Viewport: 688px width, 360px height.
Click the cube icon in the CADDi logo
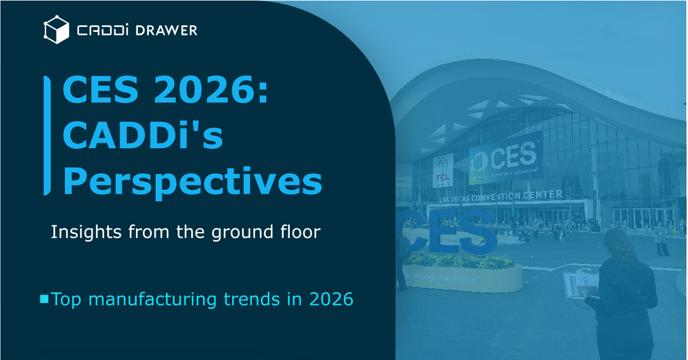point(56,30)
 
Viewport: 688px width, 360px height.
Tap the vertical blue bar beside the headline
point(47,135)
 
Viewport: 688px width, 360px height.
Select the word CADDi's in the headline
point(143,136)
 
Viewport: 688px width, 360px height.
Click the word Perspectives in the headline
point(192,179)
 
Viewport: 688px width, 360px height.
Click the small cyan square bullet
point(44,299)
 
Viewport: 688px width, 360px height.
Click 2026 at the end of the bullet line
point(331,299)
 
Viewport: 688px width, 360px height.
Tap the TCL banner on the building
point(443,170)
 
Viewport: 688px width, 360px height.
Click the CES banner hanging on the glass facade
point(505,159)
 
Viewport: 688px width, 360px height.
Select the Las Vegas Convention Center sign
point(501,196)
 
